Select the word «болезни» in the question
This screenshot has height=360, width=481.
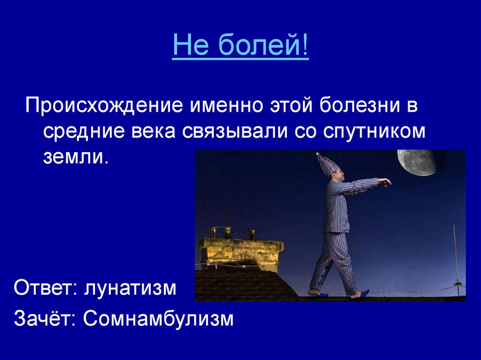coord(360,106)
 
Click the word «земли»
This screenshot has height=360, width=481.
coord(76,158)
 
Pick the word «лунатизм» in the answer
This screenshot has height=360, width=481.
coord(131,288)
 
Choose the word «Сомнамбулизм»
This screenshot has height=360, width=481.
coord(158,319)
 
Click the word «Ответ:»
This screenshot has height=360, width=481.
coord(46,288)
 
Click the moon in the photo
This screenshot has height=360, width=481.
coord(417,162)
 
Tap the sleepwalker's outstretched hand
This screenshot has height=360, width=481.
coord(385,182)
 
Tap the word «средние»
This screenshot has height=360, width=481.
coord(84,132)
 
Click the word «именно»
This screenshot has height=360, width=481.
coord(226,106)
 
